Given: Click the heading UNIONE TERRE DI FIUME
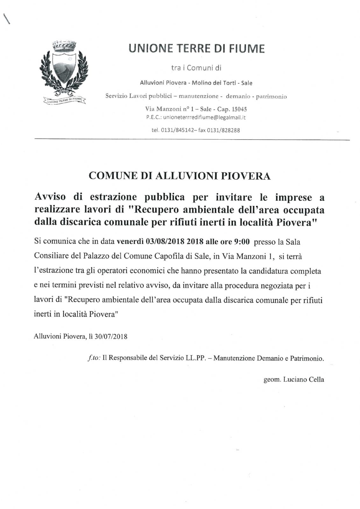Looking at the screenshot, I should tap(196, 49).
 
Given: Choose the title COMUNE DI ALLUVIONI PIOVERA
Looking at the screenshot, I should tap(180, 176).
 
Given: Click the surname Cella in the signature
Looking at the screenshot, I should tap(316, 379).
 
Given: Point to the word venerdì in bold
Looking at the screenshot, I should tap(130, 242).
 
